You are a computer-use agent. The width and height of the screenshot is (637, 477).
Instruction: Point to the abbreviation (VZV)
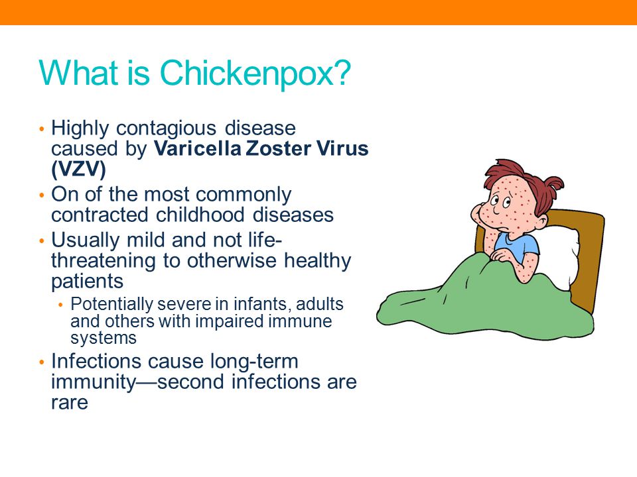[x=78, y=169]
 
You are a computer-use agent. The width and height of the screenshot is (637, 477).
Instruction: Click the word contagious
[x=166, y=129]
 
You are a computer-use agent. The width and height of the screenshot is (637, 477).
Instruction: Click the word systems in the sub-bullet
[x=104, y=338]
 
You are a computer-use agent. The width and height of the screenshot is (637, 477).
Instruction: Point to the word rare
[x=70, y=402]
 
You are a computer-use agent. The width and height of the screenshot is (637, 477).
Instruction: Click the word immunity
[x=93, y=382]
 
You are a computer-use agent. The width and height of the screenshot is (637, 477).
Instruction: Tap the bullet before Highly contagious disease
[x=41, y=129]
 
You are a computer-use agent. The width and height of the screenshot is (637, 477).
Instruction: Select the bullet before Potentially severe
[x=61, y=305]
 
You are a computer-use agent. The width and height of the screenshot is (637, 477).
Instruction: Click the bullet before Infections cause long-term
[x=41, y=362]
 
